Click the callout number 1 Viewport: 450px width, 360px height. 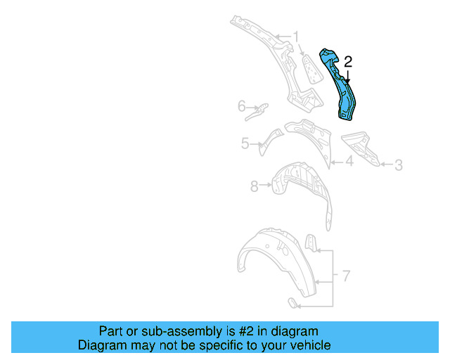[296, 36]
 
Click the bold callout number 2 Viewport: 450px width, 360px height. [347, 62]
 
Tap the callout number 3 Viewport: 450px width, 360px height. [398, 165]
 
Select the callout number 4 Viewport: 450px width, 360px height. [348, 162]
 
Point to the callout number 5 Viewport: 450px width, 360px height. [245, 143]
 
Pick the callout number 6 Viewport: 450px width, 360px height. [241, 106]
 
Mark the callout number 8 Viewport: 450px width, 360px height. [254, 186]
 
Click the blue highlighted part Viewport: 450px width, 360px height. [341, 88]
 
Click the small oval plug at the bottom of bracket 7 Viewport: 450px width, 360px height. [291, 302]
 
